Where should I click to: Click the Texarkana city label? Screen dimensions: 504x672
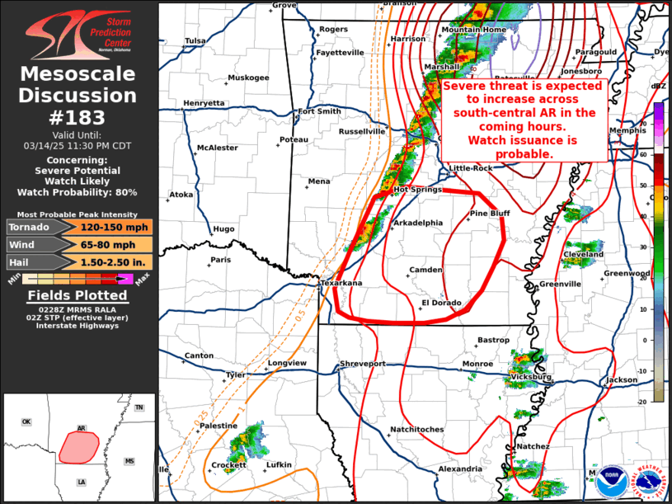pyautogui.click(x=341, y=283)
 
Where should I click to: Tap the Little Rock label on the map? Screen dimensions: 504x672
pyautogui.click(x=470, y=168)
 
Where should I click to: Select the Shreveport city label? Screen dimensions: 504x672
pyautogui.click(x=363, y=364)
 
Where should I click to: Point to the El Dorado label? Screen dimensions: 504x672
pyautogui.click(x=440, y=303)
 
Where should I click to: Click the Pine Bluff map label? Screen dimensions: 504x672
pyautogui.click(x=490, y=214)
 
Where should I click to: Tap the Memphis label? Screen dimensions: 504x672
pyautogui.click(x=625, y=131)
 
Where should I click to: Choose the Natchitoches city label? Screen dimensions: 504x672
pyautogui.click(x=416, y=429)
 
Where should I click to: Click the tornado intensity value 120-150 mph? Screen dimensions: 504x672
pyautogui.click(x=115, y=227)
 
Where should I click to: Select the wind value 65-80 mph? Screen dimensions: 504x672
pyautogui.click(x=115, y=244)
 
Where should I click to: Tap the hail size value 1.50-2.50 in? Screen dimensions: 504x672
pyautogui.click(x=115, y=261)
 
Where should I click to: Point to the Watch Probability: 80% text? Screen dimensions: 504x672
pyautogui.click(x=78, y=192)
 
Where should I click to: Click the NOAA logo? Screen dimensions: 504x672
pyautogui.click(x=611, y=479)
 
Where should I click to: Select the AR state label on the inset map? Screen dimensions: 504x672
pyautogui.click(x=81, y=428)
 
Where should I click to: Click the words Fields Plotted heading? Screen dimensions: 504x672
pyautogui.click(x=78, y=295)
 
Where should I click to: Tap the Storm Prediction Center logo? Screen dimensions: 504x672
pyautogui.click(x=78, y=33)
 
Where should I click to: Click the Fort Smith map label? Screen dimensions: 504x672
pyautogui.click(x=319, y=111)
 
